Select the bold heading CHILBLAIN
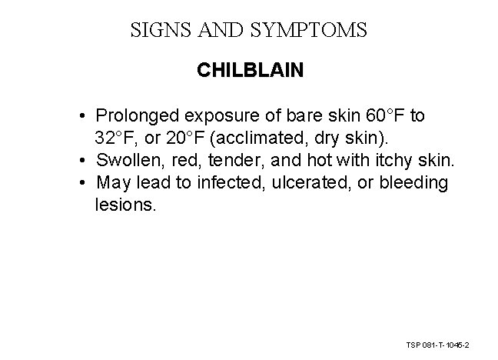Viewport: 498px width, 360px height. tap(250, 71)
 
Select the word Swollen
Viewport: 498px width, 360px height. tap(124, 161)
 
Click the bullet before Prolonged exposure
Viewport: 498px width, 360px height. tap(81, 117)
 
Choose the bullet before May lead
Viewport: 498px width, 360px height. tap(81, 184)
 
